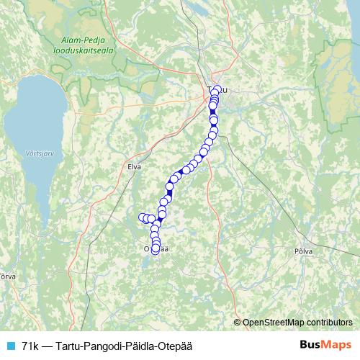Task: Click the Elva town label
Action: point(134,166)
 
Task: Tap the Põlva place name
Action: point(304,252)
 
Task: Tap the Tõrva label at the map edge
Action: point(6,276)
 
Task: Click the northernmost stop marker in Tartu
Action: point(217,90)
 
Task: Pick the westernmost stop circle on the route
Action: point(142,217)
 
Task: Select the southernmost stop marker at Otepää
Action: point(156,250)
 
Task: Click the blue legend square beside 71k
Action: point(9,346)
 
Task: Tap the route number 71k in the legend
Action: point(31,346)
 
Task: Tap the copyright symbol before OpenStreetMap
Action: point(238,322)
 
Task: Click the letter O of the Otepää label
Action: point(147,248)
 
